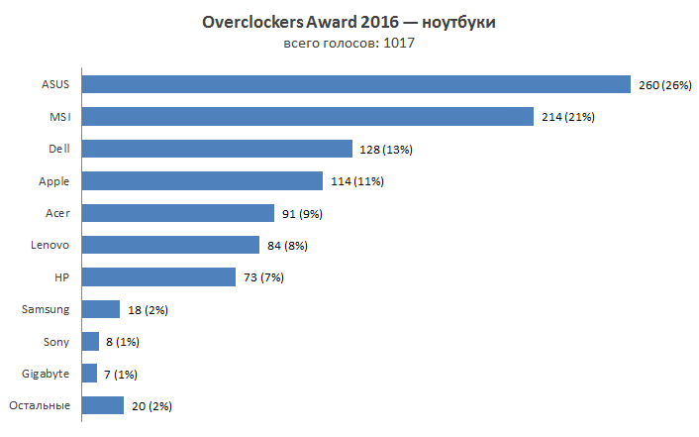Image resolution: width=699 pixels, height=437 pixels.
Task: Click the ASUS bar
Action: click(355, 84)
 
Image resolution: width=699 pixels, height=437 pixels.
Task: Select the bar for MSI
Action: click(308, 117)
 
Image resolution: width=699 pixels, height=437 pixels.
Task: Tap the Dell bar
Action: click(217, 149)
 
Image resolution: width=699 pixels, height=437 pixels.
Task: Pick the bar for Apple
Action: click(202, 180)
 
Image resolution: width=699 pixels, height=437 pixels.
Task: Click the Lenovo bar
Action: click(170, 245)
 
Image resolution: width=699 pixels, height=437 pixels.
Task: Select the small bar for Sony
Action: click(90, 341)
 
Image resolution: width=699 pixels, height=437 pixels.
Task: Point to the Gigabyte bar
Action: click(89, 374)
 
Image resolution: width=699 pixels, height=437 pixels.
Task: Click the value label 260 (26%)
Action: click(664, 85)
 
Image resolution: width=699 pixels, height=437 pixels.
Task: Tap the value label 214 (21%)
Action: click(568, 117)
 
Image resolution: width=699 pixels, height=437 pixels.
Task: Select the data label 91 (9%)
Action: click(301, 213)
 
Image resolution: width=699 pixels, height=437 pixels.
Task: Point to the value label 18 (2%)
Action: click(147, 310)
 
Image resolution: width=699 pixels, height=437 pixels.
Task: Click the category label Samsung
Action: click(46, 309)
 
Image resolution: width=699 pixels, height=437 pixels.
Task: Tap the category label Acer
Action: click(57, 213)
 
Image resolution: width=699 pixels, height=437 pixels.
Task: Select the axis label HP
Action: click(62, 277)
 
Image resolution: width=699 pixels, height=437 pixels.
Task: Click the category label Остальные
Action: click(40, 405)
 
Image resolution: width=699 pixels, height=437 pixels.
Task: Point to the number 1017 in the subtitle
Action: click(398, 44)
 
